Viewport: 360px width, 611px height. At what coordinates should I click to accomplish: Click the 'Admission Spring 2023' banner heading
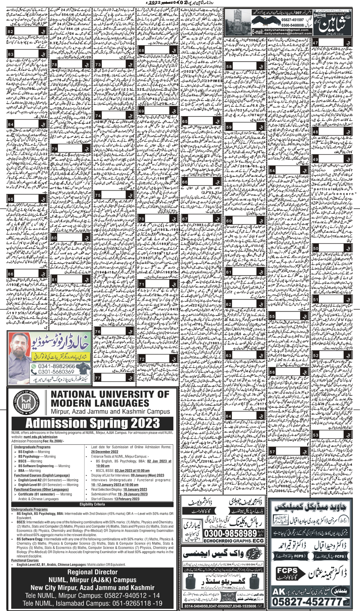click(90, 424)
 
